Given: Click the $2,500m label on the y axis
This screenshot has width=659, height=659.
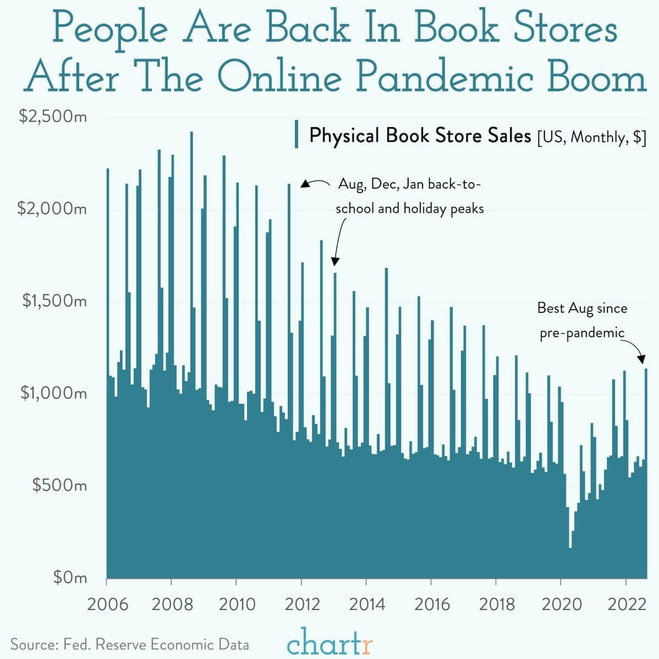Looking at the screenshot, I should [52, 117].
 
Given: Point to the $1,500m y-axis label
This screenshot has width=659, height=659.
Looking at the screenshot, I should [54, 301].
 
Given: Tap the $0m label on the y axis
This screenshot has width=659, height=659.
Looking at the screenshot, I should [70, 577].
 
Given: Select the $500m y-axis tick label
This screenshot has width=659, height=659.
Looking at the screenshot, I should [59, 485].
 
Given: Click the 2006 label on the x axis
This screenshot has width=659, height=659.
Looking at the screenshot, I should [108, 604].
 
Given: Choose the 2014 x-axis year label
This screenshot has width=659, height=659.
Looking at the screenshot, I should [367, 604].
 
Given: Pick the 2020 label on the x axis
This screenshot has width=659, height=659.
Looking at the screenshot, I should [562, 604].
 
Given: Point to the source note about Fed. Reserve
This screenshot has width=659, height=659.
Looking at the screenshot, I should [130, 644].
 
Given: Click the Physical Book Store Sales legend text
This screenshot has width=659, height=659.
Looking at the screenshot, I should [420, 135].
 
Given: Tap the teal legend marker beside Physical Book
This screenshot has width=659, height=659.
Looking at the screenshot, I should [297, 134].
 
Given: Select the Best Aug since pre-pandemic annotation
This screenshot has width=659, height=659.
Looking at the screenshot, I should [582, 320].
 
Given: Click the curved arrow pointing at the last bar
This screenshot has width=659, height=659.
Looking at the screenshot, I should [636, 350].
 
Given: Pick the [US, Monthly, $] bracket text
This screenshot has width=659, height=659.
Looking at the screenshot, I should [591, 136].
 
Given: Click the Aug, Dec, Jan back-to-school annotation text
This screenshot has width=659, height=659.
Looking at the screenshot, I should [409, 196].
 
